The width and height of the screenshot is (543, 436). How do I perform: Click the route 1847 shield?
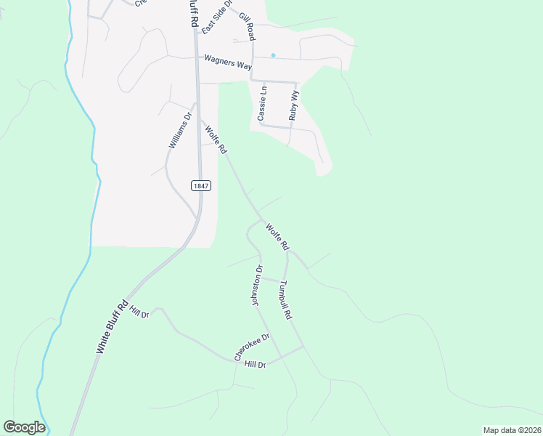[201, 186]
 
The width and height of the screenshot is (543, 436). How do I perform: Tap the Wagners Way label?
[228, 62]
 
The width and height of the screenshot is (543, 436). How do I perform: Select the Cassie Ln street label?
[263, 103]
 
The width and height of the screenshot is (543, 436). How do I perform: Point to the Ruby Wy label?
[293, 105]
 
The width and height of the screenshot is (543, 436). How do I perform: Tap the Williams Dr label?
[179, 131]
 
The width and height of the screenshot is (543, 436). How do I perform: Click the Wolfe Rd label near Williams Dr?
[216, 140]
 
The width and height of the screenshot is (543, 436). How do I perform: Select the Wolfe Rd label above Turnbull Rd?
[277, 237]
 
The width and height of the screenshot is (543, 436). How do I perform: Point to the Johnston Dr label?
[256, 286]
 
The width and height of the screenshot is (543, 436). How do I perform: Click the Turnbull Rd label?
[285, 301]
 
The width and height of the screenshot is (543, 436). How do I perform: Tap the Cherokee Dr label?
[252, 347]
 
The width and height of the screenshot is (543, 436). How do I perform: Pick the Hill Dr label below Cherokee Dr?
[256, 364]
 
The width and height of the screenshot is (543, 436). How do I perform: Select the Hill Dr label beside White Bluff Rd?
[139, 314]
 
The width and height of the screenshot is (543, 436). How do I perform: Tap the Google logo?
[24, 427]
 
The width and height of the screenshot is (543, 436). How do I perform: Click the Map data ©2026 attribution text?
[511, 430]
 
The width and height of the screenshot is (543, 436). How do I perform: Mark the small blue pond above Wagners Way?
[273, 54]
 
